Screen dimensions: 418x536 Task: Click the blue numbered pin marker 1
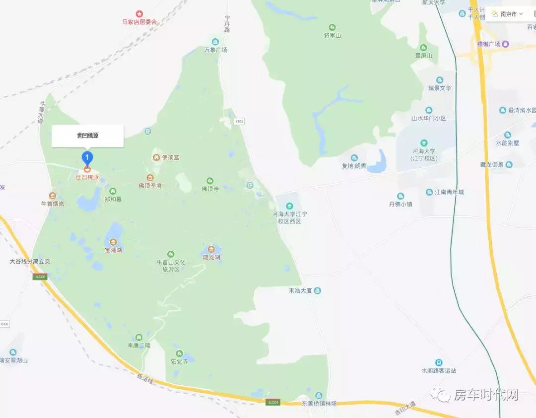coord(87,158)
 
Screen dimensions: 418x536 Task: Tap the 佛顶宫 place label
coord(170,157)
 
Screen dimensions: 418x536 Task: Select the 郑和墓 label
coord(113,199)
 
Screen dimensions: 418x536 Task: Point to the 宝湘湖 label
coord(113,250)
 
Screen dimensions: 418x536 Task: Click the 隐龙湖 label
coord(211,257)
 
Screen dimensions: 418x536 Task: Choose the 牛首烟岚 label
coord(53,203)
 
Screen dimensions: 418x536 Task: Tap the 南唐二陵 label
coord(138,345)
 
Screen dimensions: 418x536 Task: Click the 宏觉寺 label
coord(179,361)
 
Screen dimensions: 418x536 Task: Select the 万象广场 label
coord(215,50)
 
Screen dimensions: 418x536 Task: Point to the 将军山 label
coord(332,35)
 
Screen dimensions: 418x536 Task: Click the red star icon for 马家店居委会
coord(139,14)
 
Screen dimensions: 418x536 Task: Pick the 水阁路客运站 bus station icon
coord(439,363)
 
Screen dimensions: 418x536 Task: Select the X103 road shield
coord(240,121)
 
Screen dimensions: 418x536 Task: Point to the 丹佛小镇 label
coord(400,204)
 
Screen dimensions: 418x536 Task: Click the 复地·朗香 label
coord(354,166)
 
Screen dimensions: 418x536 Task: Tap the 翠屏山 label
coord(423,56)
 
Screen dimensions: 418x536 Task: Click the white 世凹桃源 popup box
coord(87,136)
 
